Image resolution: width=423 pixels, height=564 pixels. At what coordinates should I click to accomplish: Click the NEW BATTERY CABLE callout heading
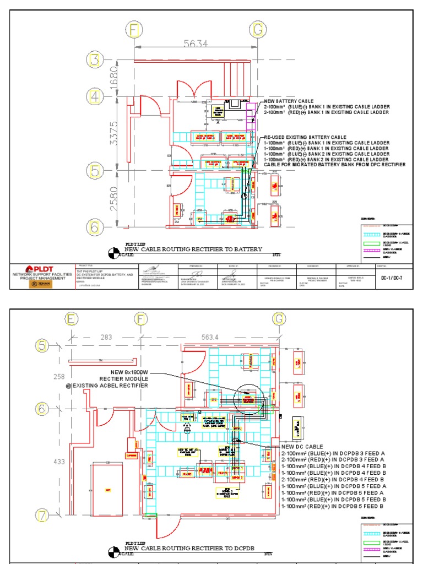click(x=289, y=102)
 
